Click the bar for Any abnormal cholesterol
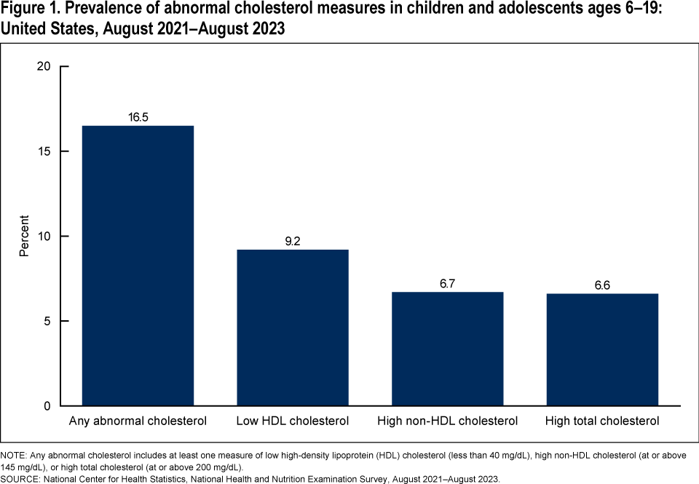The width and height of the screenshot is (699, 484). [138, 266]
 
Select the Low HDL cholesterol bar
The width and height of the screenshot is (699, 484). [293, 328]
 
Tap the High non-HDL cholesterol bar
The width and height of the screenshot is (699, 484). [447, 349]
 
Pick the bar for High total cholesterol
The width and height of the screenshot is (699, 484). [602, 349]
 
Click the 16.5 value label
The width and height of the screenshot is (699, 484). [138, 116]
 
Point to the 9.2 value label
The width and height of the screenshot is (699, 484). [293, 241]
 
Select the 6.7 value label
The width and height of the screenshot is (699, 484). [447, 283]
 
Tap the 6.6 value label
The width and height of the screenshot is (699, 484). [602, 285]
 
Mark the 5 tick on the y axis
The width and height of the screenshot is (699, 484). [47, 321]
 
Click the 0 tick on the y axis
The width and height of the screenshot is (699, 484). [47, 405]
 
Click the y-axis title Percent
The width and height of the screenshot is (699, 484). [24, 236]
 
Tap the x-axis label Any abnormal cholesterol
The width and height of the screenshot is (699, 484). [138, 421]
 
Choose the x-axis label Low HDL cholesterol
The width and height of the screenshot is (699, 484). [293, 421]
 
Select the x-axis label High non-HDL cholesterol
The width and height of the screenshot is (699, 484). [447, 421]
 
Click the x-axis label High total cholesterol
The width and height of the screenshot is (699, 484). [602, 421]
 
